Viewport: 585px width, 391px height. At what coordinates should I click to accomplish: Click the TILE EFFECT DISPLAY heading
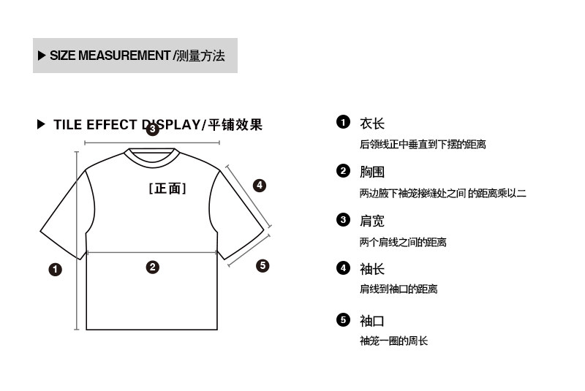click(157, 125)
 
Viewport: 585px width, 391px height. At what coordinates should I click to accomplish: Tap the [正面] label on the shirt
click(167, 189)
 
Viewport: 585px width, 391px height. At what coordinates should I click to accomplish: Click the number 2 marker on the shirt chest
click(152, 267)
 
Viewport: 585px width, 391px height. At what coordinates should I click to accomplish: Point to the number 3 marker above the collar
click(152, 130)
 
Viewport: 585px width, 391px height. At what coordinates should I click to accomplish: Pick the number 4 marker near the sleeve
click(259, 186)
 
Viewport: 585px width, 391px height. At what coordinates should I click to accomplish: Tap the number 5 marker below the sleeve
click(263, 265)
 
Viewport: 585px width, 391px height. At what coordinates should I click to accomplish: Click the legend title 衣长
click(371, 124)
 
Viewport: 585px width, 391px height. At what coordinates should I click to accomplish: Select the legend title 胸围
click(371, 172)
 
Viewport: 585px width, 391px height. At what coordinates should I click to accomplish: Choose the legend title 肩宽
click(371, 221)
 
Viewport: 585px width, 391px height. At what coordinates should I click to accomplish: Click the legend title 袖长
click(371, 269)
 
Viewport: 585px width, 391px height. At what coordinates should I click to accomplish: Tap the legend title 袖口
click(371, 321)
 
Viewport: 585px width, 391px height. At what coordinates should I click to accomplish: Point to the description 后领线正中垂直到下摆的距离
click(423, 145)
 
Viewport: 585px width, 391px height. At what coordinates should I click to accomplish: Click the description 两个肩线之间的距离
click(402, 242)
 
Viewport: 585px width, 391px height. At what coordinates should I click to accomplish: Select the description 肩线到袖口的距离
click(398, 289)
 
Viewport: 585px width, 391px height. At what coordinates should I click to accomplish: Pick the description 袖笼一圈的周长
click(393, 341)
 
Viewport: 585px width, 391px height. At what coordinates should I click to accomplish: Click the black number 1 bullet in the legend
click(343, 122)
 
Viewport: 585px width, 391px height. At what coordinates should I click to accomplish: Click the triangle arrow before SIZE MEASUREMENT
click(42, 56)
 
